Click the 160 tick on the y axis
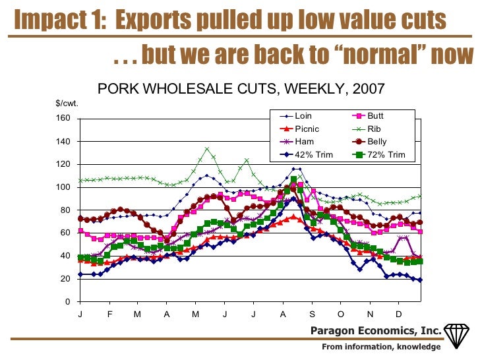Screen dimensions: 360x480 [63, 119]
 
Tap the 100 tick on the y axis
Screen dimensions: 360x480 [63, 187]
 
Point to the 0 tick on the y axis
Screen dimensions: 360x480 [67, 302]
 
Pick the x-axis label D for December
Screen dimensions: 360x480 [399, 315]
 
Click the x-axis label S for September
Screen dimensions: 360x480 [312, 315]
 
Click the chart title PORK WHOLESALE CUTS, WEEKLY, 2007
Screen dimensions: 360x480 [241, 88]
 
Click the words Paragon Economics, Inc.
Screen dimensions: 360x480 [376, 330]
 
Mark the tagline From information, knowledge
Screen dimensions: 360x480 [381, 347]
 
